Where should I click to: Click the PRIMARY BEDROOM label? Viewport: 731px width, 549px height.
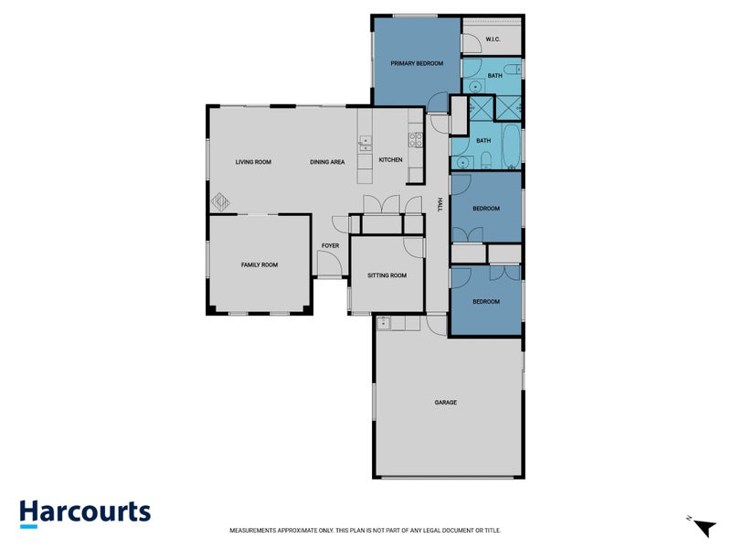coord(417,63)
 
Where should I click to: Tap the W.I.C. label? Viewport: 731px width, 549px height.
coord(493,39)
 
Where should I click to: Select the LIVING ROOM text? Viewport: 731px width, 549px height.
coord(253,162)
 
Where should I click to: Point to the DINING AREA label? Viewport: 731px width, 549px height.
coord(327,162)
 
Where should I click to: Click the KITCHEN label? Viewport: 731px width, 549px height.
coord(390,160)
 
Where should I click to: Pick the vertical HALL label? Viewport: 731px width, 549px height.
coord(440,206)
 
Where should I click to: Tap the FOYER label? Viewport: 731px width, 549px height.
coord(330,245)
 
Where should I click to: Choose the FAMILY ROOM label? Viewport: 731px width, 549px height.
coord(259,264)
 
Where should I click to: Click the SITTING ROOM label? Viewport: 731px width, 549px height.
coord(387,274)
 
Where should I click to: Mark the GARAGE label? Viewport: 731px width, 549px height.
coord(446,403)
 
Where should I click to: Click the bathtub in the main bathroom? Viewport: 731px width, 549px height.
coord(510,146)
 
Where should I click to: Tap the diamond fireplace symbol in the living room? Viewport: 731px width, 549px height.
coord(221,200)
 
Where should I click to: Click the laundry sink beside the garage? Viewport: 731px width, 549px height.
coord(384,322)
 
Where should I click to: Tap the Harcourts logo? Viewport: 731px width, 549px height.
coord(85,512)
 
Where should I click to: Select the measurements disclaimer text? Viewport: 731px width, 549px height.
coord(365,531)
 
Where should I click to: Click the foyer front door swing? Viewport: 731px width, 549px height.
coord(329,265)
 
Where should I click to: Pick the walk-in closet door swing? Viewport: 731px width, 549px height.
coord(471,43)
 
